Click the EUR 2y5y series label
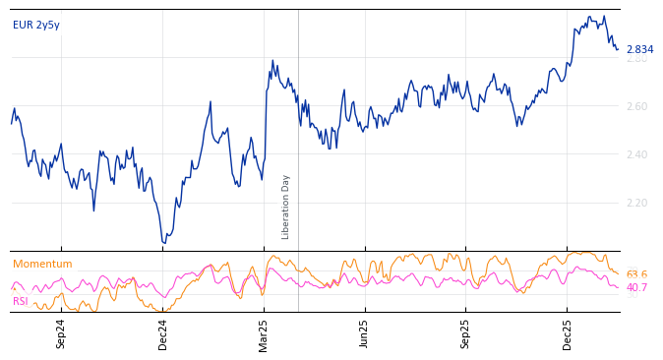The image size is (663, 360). (36, 26)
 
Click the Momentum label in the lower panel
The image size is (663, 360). (42, 265)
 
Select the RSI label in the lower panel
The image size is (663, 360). (21, 302)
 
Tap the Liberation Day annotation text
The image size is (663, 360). (286, 207)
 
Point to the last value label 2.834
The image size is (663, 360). (639, 50)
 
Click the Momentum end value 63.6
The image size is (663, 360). (636, 275)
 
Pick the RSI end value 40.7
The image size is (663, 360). (636, 288)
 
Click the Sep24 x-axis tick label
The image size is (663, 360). (61, 334)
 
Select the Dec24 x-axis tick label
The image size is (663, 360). (163, 334)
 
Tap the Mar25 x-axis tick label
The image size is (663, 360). (264, 334)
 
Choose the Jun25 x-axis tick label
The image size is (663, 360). (365, 334)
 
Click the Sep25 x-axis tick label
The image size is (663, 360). (466, 334)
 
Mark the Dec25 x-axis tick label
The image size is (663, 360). (568, 334)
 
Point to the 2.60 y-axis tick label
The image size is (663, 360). (637, 106)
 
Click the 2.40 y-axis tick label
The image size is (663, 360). (637, 154)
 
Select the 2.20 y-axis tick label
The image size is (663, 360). (637, 203)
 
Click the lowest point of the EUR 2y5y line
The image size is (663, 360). (164, 243)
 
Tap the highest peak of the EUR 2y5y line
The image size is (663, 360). (589, 17)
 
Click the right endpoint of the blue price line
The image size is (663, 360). (618, 49)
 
